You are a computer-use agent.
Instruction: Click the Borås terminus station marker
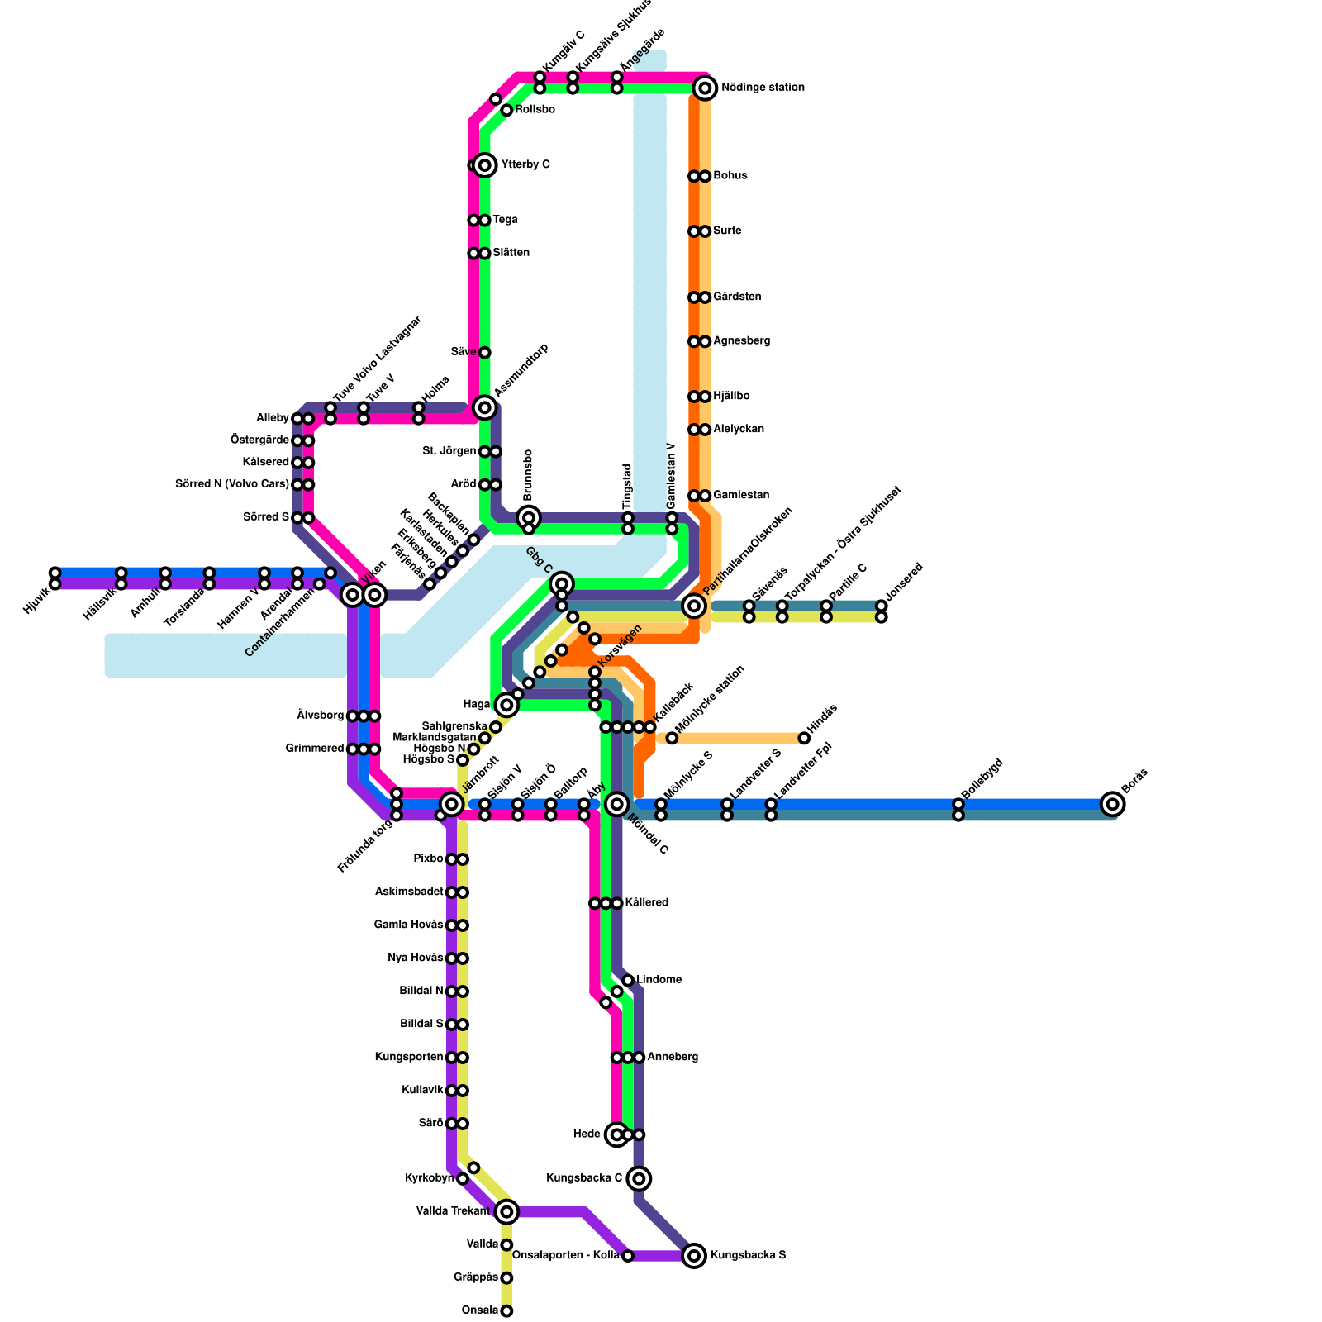click(1112, 804)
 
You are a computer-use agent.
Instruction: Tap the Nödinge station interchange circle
click(704, 88)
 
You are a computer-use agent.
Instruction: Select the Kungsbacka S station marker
click(694, 1256)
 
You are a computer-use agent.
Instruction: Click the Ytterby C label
click(525, 165)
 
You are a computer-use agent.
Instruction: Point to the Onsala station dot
click(506, 1311)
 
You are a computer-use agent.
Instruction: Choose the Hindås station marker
click(804, 738)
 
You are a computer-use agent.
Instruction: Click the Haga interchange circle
click(506, 705)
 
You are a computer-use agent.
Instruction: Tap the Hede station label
click(587, 1134)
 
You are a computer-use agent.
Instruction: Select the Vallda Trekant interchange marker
click(506, 1212)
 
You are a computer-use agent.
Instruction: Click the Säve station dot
click(485, 353)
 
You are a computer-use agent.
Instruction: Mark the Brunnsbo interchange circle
click(529, 518)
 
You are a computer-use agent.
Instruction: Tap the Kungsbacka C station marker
click(639, 1178)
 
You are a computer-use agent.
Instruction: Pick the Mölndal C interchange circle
click(617, 804)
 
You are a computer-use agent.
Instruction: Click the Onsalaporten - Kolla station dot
click(628, 1256)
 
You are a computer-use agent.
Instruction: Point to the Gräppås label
click(476, 1277)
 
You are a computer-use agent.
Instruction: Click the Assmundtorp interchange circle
click(485, 407)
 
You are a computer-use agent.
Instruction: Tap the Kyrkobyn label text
click(430, 1178)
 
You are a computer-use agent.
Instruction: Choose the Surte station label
click(727, 231)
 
